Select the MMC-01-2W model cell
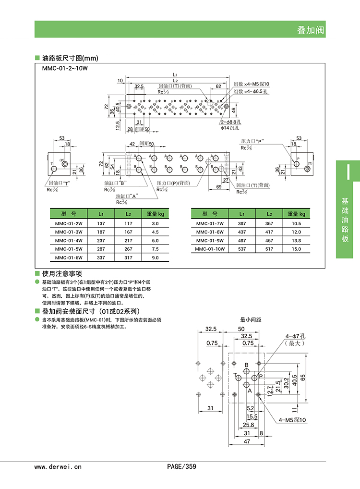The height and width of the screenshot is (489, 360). pos(69,224)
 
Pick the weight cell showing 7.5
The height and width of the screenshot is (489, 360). pos(155,249)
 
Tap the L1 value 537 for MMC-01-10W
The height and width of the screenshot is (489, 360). pos(242,249)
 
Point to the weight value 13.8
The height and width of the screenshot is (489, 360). pos(296,240)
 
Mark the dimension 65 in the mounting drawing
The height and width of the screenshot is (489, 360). pos(316,377)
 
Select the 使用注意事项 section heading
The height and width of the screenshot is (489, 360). pos(62,273)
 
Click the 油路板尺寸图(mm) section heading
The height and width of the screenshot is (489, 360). pos(70,58)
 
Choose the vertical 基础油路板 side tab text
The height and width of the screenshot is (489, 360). pos(345,219)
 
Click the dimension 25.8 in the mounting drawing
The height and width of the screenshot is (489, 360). pos(248,425)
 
